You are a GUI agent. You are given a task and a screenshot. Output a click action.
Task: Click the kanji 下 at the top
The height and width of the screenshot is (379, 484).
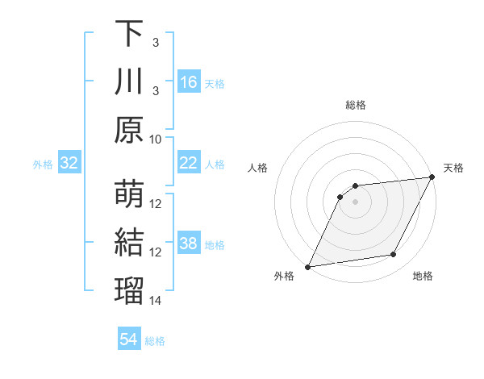pyautogui.click(x=129, y=35)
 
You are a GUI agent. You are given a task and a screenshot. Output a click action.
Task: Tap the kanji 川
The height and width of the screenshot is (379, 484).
pyautogui.click(x=129, y=83)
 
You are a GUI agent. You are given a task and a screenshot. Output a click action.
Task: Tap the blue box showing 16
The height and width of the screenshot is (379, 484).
pyautogui.click(x=189, y=82)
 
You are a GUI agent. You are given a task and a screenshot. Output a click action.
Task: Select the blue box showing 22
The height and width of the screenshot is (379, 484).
pyautogui.click(x=189, y=163)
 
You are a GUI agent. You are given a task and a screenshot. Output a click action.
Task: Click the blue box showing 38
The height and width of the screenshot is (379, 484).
pyautogui.click(x=189, y=244)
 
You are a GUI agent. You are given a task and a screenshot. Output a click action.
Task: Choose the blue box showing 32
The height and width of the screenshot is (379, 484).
pyautogui.click(x=69, y=164)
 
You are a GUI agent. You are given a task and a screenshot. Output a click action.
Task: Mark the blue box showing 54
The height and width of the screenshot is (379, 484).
pyautogui.click(x=129, y=339)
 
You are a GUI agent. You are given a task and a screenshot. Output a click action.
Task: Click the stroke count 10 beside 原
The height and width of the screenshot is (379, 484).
pyautogui.click(x=156, y=139)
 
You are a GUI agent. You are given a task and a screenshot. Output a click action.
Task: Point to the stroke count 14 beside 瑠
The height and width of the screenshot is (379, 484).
pyautogui.click(x=156, y=301)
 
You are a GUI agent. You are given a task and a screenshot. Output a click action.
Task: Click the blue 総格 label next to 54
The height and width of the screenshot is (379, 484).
pyautogui.click(x=155, y=341)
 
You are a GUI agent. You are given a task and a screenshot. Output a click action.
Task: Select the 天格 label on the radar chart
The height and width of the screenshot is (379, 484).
pyautogui.click(x=453, y=168)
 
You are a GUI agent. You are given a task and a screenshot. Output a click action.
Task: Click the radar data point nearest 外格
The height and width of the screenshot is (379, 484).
pyautogui.click(x=307, y=267)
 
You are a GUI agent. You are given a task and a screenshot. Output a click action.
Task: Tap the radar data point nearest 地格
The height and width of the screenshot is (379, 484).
pyautogui.click(x=394, y=255)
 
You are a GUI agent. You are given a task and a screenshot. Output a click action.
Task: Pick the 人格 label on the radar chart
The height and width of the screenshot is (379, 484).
pyautogui.click(x=258, y=168)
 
